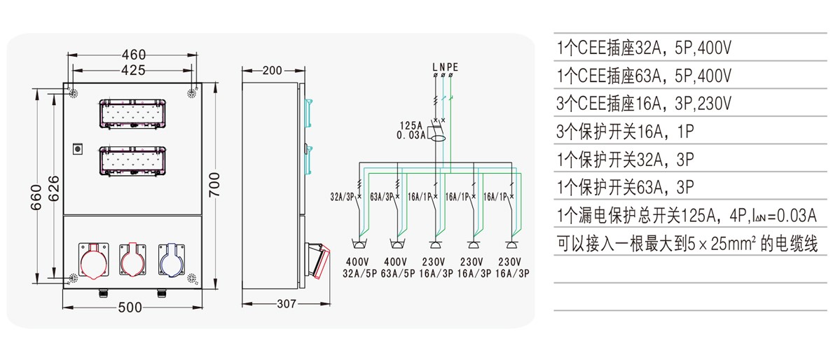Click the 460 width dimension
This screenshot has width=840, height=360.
(x=133, y=55)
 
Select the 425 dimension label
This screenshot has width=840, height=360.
(x=133, y=70)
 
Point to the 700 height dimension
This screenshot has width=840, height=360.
(x=214, y=185)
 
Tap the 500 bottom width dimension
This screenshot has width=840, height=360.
(x=130, y=307)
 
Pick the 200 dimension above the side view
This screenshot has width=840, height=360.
(x=273, y=71)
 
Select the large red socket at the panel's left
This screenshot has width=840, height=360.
(x=93, y=261)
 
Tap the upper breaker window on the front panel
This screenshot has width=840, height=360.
(x=132, y=114)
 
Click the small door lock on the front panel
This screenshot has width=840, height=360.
(x=78, y=148)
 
